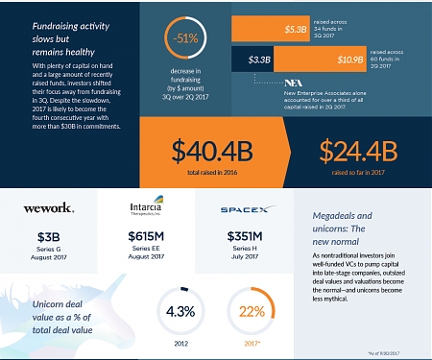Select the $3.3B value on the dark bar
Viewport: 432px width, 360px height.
point(258,60)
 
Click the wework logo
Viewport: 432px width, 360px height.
point(49,205)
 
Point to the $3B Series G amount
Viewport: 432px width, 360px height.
point(49,238)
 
